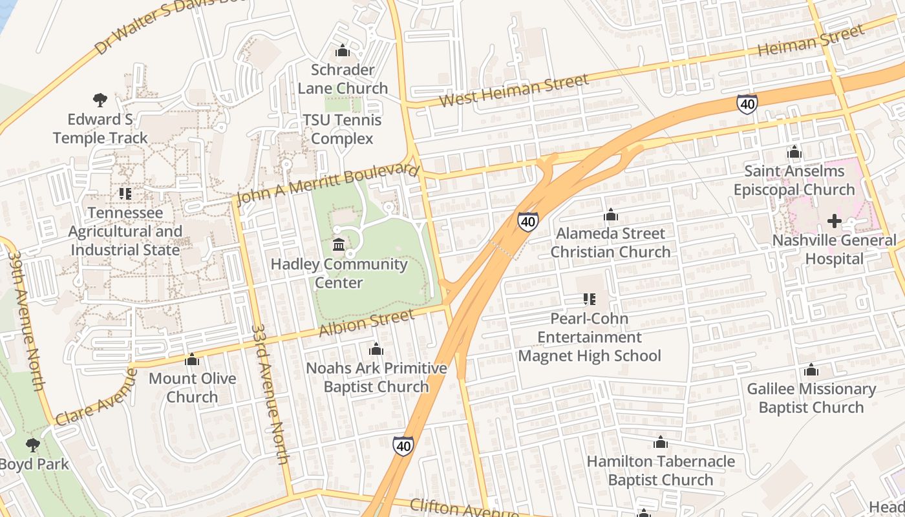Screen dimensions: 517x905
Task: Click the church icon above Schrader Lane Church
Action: point(343,50)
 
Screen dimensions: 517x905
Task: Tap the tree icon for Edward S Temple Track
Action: point(100,100)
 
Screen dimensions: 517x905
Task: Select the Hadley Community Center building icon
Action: point(339,245)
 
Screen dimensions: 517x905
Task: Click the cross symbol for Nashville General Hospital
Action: point(835,221)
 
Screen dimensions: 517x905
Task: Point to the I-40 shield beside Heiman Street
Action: point(747,104)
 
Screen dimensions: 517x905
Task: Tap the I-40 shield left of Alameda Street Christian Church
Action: point(527,222)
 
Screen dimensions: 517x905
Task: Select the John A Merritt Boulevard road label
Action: point(327,184)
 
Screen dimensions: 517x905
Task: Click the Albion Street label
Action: point(367,322)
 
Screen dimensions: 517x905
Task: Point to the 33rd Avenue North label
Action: point(270,394)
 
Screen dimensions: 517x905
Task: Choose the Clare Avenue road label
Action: point(97,397)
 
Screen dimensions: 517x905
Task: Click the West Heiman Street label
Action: point(514,90)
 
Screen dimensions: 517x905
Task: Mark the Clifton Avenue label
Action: point(463,508)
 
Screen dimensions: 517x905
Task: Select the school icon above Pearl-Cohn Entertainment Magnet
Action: point(589,299)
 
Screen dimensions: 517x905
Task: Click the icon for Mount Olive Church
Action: point(192,359)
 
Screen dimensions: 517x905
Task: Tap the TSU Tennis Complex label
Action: point(342,129)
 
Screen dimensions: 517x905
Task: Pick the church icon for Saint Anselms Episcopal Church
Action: point(794,153)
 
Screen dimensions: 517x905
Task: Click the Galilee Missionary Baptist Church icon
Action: point(811,370)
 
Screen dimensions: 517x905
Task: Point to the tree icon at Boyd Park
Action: point(33,445)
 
